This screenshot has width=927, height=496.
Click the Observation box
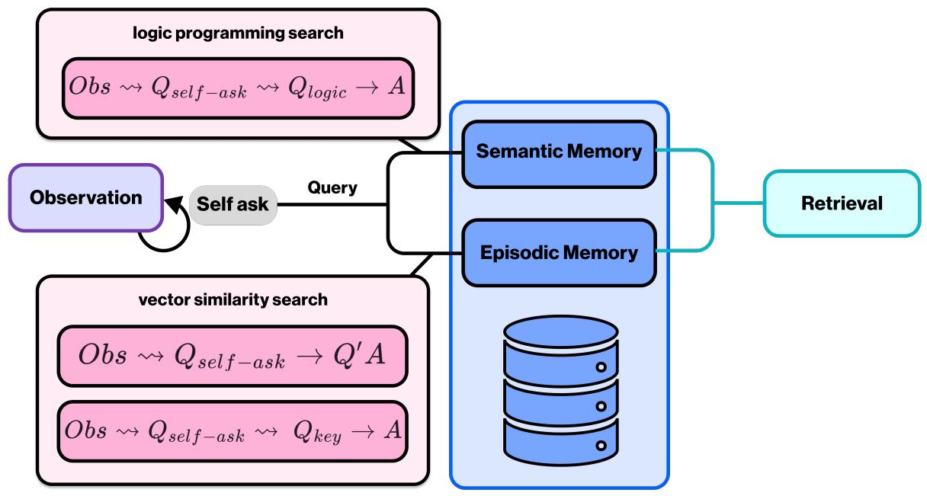pyautogui.click(x=86, y=197)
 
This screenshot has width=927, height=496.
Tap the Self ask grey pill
pyautogui.click(x=233, y=204)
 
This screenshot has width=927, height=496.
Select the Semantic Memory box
pyautogui.click(x=559, y=151)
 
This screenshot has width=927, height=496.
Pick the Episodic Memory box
pyautogui.click(x=559, y=252)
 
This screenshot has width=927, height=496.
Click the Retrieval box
pyautogui.click(x=842, y=203)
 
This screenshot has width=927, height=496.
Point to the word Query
pyautogui.click(x=332, y=187)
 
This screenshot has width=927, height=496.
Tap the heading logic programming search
pyautogui.click(x=238, y=33)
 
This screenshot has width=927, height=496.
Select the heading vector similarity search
pyautogui.click(x=233, y=299)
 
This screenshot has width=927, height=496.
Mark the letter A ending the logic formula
pyautogui.click(x=395, y=87)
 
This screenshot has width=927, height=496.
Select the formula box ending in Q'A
pyautogui.click(x=233, y=357)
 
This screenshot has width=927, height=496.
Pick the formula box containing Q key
pyautogui.click(x=233, y=431)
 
